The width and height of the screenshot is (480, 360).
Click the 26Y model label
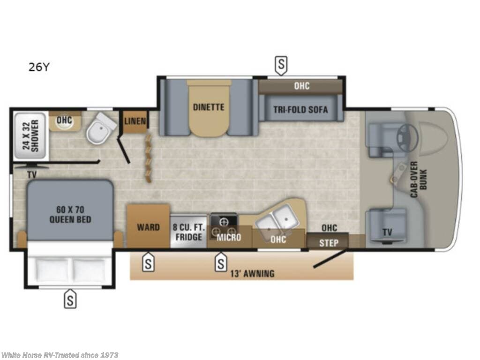tap(38, 67)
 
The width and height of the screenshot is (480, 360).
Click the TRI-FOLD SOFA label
tap(300, 110)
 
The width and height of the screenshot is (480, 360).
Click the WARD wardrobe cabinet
tap(148, 227)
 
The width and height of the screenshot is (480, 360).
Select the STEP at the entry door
tap(328, 243)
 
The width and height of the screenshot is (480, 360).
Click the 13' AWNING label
tap(252, 273)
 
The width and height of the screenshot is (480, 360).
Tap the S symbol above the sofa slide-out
tap(280, 66)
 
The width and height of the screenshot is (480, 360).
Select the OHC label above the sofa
tap(301, 86)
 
